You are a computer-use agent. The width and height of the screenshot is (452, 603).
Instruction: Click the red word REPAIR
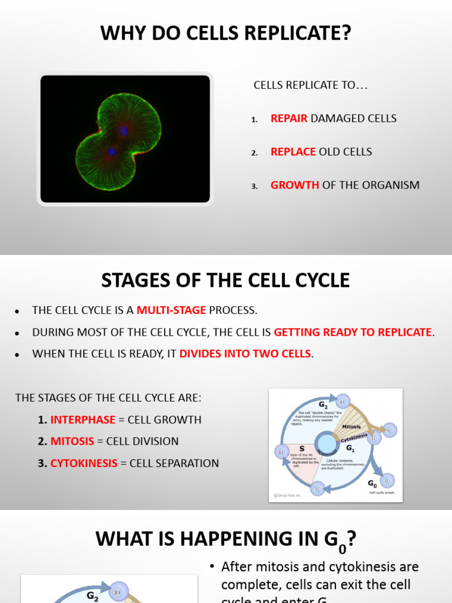(289, 118)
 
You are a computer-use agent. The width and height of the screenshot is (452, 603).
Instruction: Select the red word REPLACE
(293, 152)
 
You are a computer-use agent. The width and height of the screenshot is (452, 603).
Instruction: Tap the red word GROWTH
(295, 185)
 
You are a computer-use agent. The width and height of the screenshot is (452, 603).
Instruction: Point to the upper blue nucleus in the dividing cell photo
(124, 130)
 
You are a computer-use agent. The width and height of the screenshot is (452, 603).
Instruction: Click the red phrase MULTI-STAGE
(171, 310)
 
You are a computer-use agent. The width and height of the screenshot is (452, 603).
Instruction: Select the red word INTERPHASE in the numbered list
(83, 420)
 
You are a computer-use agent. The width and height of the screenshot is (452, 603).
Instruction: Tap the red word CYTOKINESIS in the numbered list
(84, 463)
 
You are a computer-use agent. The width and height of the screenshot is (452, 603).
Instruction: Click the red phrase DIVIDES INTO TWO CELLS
(245, 354)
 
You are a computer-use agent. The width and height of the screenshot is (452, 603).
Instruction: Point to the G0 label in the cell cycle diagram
(373, 483)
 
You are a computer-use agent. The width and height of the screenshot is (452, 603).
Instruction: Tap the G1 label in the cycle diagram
(350, 449)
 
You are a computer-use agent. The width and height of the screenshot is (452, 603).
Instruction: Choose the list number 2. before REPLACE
(254, 153)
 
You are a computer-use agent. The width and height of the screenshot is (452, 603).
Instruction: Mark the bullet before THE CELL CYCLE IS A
(18, 311)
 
